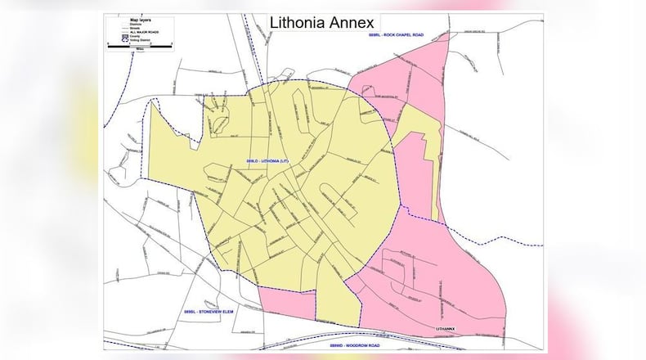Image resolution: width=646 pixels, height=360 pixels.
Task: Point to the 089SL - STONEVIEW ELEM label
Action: click(x=204, y=315)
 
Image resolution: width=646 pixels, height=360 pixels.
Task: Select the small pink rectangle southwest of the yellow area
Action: click(x=286, y=304)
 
